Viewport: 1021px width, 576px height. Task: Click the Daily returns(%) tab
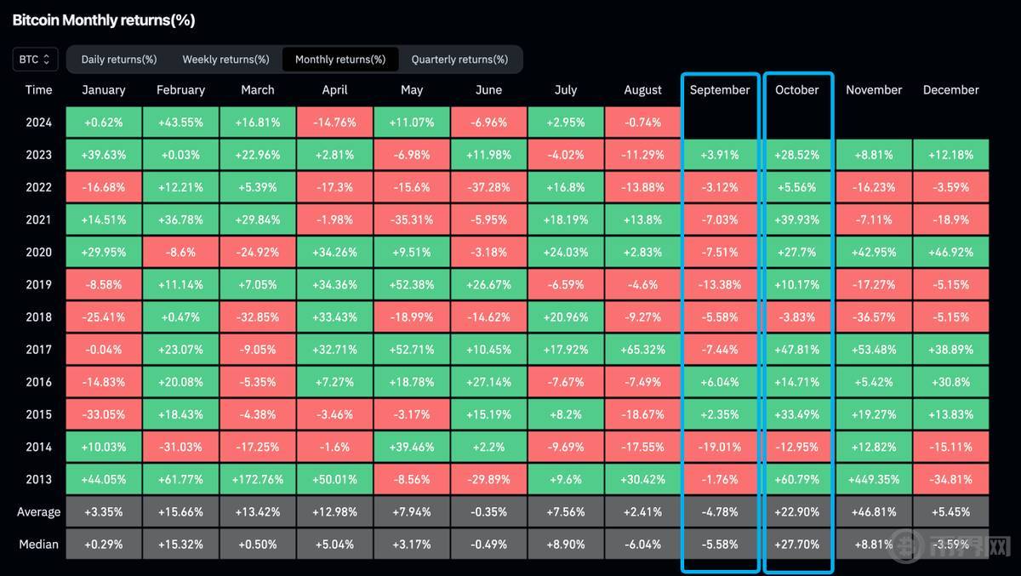coord(119,60)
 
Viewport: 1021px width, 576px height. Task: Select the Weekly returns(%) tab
coord(225,60)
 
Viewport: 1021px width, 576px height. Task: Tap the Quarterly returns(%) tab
coord(459,60)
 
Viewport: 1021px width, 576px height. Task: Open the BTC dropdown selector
coord(36,60)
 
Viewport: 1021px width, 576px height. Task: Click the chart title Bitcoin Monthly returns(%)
coord(104,20)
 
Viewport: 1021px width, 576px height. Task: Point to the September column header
coord(720,89)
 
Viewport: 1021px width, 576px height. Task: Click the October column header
coord(797,89)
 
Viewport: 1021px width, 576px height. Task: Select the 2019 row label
coord(38,284)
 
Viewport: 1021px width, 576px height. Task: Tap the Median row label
coord(38,544)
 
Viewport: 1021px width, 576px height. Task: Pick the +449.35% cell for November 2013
coord(874,479)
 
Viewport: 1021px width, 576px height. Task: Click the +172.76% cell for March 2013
coord(257,479)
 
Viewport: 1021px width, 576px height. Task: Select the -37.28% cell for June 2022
coord(488,187)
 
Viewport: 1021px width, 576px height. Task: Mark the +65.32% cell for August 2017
coord(642,349)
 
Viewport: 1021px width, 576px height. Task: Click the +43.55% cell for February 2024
coord(180,123)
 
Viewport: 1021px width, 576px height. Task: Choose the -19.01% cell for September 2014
coord(720,447)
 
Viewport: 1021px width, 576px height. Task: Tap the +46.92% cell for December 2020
coord(950,252)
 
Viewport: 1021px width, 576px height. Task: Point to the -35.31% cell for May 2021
coord(412,220)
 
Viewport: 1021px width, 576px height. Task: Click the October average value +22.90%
coord(797,511)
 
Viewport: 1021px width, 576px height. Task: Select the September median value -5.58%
coord(720,544)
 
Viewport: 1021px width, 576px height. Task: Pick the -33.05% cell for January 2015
coord(104,414)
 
